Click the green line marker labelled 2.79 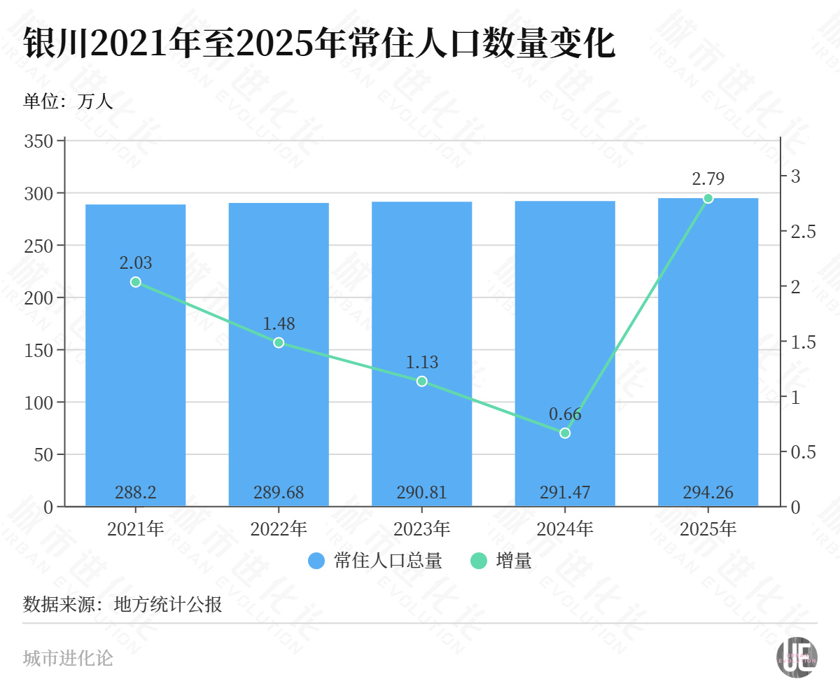coord(708,198)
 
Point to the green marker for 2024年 coord(565,433)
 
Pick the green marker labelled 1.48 coord(279,342)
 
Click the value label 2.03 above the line coord(135,263)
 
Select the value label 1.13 coord(422,363)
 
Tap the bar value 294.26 coord(708,493)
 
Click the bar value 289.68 coord(279,493)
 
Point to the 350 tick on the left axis coord(38,141)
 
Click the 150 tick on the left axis coord(38,350)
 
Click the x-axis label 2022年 coord(279,528)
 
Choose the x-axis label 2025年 coord(708,528)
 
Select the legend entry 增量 coord(502,561)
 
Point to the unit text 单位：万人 coord(68,102)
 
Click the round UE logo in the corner coord(797,657)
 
